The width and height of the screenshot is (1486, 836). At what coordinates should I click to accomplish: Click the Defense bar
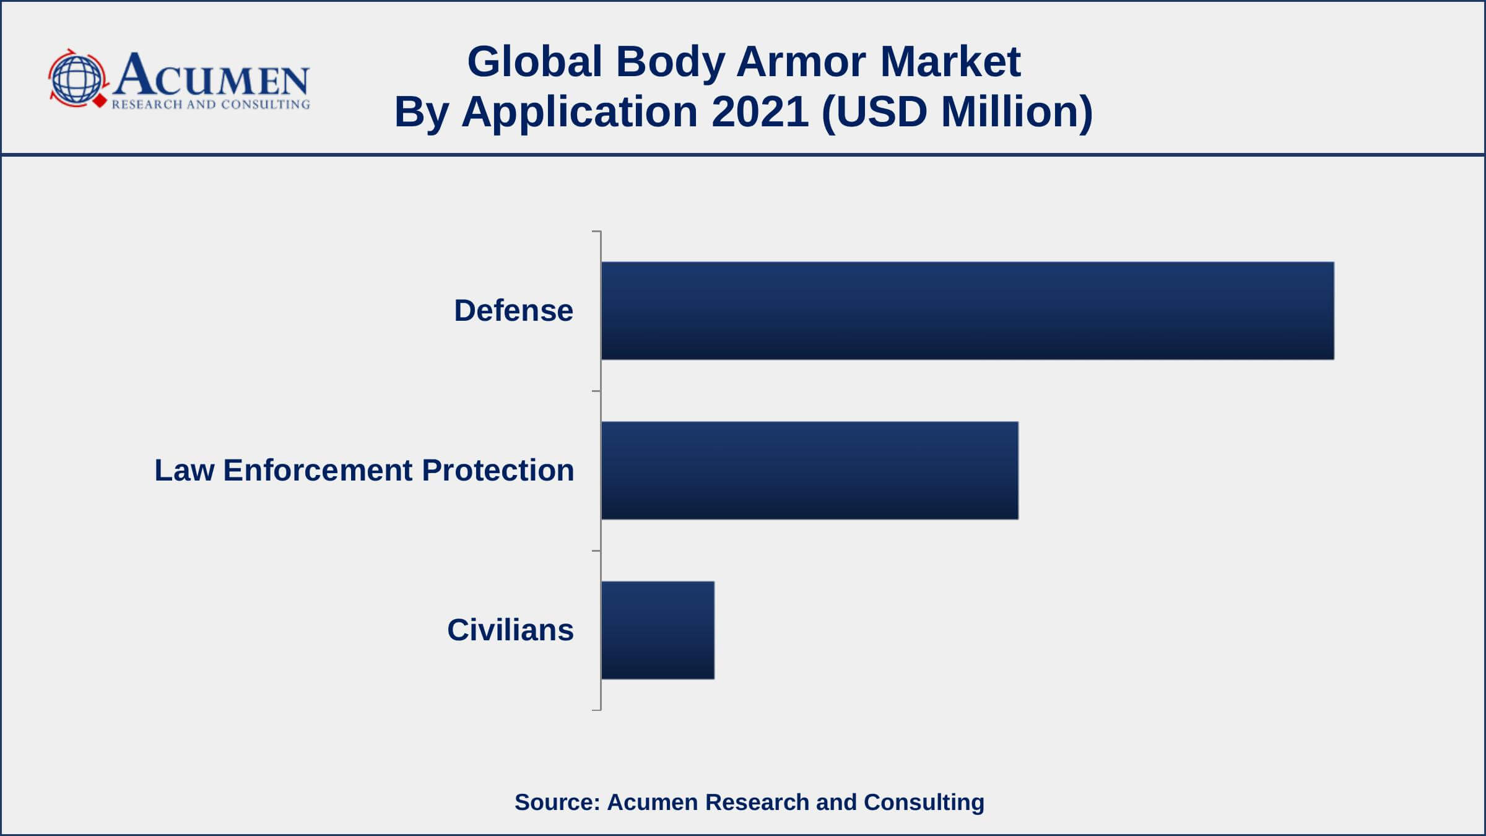point(967,310)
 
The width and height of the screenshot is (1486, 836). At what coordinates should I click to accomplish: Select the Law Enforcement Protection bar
point(809,470)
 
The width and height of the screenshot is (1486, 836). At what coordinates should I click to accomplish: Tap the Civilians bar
point(658,630)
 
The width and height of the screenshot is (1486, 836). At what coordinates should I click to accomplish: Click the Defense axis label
point(513,310)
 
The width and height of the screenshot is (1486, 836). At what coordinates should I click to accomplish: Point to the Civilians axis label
point(510,630)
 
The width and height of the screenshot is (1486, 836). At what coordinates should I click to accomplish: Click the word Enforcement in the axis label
point(318,470)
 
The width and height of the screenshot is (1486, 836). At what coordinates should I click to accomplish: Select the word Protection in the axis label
point(498,470)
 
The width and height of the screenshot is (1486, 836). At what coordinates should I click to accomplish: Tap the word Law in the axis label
point(185,470)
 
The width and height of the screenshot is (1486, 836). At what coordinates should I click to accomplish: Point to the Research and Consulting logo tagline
point(211,104)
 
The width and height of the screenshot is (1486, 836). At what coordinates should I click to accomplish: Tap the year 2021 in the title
point(760,111)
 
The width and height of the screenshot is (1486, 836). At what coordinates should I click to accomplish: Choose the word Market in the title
point(950,61)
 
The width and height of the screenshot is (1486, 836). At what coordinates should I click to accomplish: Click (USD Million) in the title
point(957,113)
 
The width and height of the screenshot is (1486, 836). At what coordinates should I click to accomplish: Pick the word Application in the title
point(580,113)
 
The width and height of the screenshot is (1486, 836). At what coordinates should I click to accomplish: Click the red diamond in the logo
point(99,100)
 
